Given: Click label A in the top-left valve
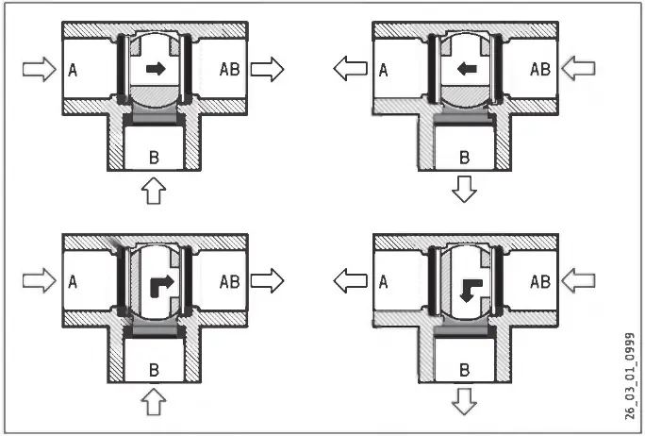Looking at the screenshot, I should click(72, 68).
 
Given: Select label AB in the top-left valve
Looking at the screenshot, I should click(230, 68).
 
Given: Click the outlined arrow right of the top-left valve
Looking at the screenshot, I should click(268, 68).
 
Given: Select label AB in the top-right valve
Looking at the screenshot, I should click(540, 68).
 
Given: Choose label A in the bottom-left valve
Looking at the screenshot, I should click(72, 280).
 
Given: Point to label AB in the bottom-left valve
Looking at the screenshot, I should click(230, 280).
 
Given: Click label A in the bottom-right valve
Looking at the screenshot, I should click(383, 280).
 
